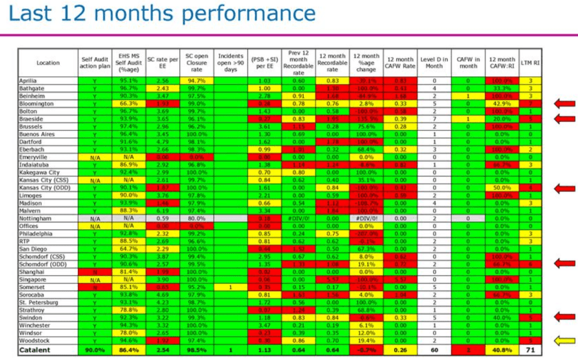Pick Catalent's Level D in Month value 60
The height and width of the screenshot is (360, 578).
pyautogui.click(x=434, y=349)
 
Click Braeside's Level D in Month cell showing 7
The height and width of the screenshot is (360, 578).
pyautogui.click(x=434, y=118)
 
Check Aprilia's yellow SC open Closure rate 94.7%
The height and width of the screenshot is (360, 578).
pyautogui.click(x=196, y=81)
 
